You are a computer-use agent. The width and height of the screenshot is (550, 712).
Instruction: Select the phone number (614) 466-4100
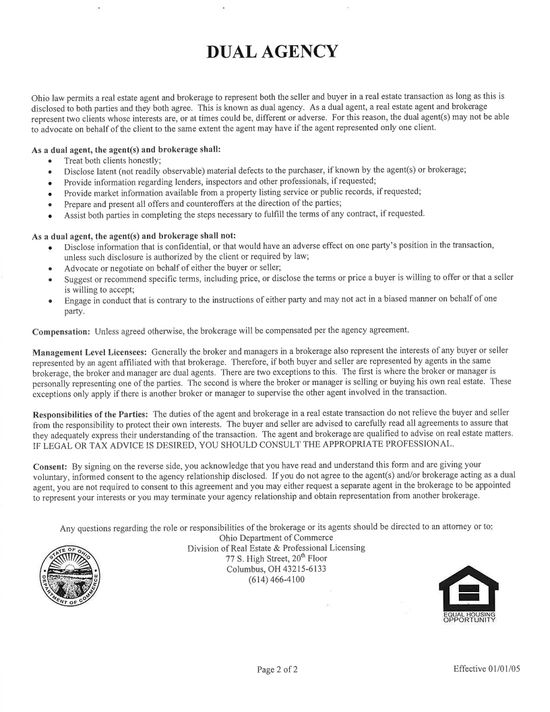[276, 580]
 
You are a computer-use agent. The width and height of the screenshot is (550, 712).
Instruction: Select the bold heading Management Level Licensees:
[90, 351]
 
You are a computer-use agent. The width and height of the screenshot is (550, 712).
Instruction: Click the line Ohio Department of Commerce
[276, 537]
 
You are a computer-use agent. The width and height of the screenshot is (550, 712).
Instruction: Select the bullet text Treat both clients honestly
[112, 160]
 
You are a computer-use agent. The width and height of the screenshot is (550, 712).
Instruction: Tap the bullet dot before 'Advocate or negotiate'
[51, 268]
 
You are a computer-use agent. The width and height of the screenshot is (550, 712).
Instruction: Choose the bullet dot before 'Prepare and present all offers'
[51, 204]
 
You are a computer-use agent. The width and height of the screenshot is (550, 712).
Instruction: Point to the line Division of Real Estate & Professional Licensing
[276, 548]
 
